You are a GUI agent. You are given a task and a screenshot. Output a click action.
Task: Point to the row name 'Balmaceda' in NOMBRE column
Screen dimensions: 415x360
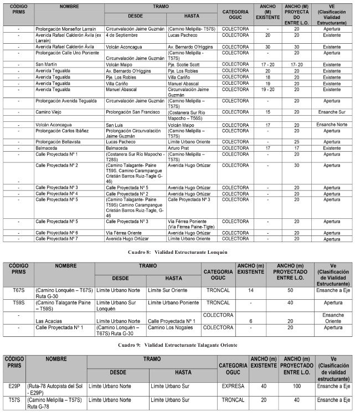pyautogui.click(x=49, y=148)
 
